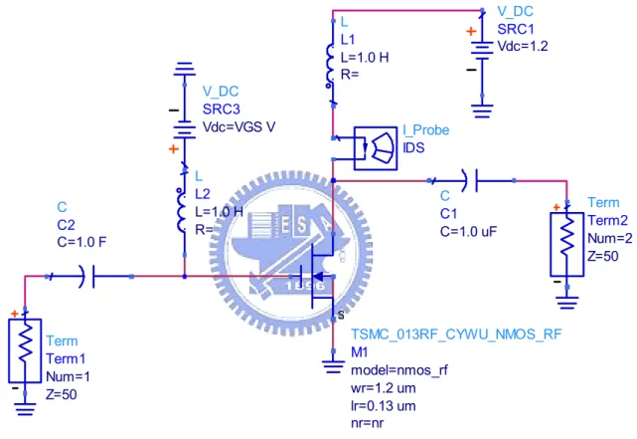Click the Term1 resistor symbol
(x=25, y=350)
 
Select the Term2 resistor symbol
(x=567, y=244)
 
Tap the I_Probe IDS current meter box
(x=376, y=148)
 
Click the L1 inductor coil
(x=330, y=67)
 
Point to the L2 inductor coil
(x=181, y=209)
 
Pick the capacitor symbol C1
(x=471, y=180)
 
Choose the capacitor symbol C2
(x=88, y=277)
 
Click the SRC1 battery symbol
(x=482, y=51)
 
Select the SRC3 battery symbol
(x=185, y=129)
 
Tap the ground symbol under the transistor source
(x=333, y=367)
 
